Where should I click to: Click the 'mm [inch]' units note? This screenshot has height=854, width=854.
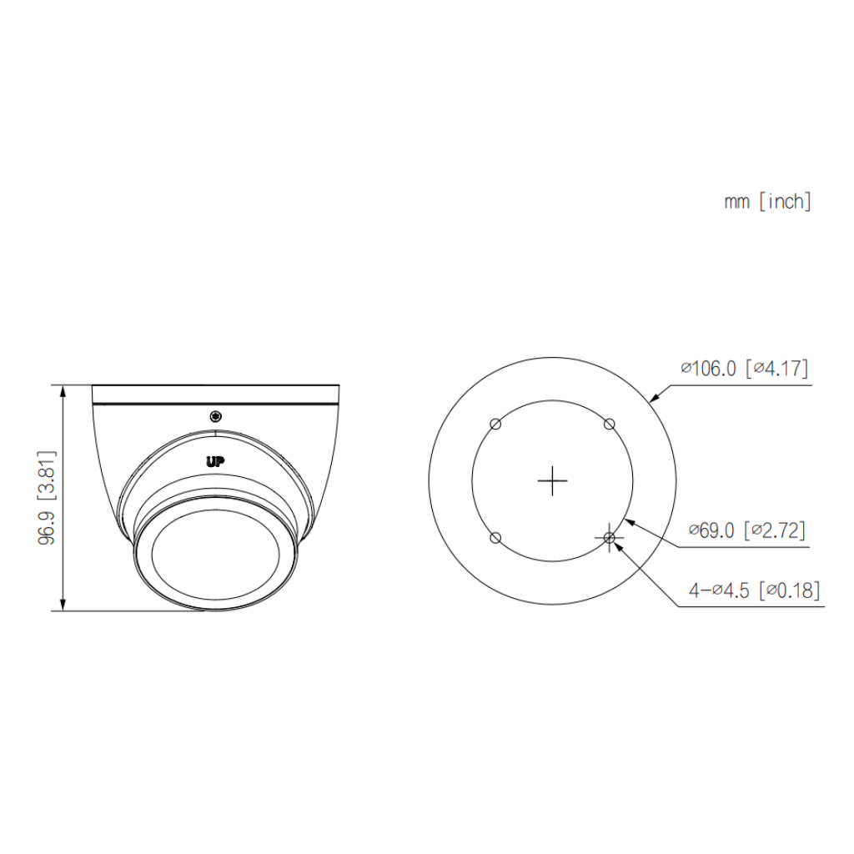pos(767,202)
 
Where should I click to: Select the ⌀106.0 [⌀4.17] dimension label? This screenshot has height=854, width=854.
pos(745,369)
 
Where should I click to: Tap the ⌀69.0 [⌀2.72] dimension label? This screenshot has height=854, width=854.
pos(746,530)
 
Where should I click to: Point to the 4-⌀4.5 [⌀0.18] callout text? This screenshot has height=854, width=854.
pos(754,590)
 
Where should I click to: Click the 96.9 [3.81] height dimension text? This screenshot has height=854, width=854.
pos(47,498)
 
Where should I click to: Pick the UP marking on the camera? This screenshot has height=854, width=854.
pos(215,462)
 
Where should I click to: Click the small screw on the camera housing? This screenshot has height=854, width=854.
pos(216,417)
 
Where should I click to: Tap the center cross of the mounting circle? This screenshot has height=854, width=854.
pos(552,481)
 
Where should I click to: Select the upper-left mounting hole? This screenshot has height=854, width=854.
pos(495,424)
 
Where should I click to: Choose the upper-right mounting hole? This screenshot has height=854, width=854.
pos(610,424)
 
